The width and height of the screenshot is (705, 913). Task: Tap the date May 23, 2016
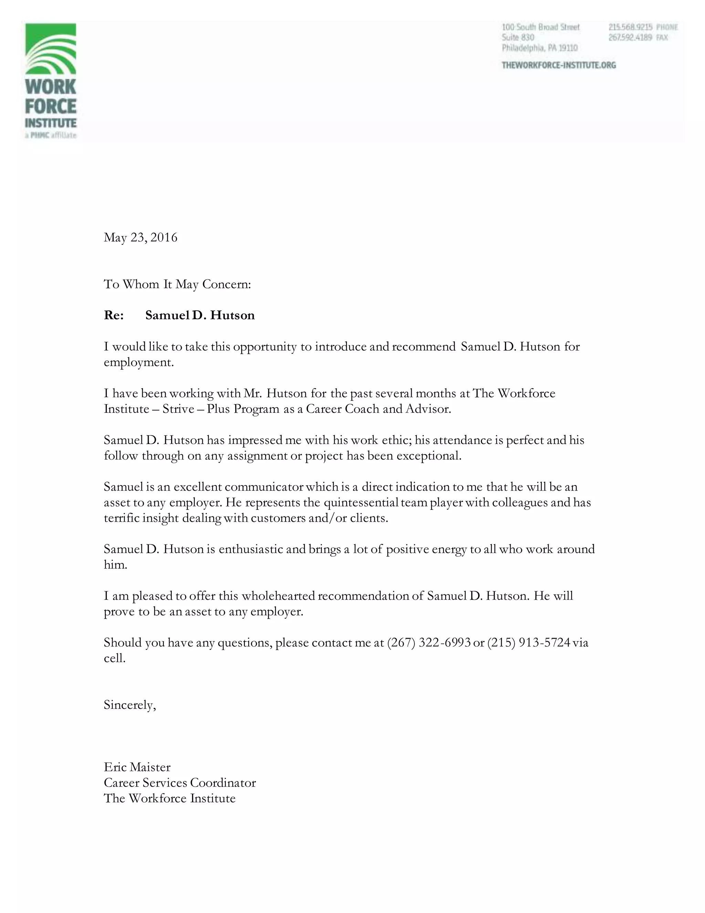point(140,237)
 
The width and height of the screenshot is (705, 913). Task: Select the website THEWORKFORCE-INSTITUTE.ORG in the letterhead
point(558,65)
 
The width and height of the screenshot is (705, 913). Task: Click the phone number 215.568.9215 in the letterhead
point(630,27)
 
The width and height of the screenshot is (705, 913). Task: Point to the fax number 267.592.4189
point(630,38)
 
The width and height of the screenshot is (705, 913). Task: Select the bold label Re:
point(114,315)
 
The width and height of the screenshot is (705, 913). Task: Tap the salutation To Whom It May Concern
point(177,284)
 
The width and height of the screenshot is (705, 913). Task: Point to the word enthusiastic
point(251,549)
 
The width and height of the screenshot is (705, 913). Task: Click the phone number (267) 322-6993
point(429,643)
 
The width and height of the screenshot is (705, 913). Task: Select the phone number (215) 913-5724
point(529,643)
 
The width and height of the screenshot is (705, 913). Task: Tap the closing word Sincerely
point(129,705)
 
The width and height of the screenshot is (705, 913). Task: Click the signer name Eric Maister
point(137,767)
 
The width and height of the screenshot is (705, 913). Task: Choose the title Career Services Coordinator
point(180,782)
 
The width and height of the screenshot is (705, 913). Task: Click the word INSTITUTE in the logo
point(51,123)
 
